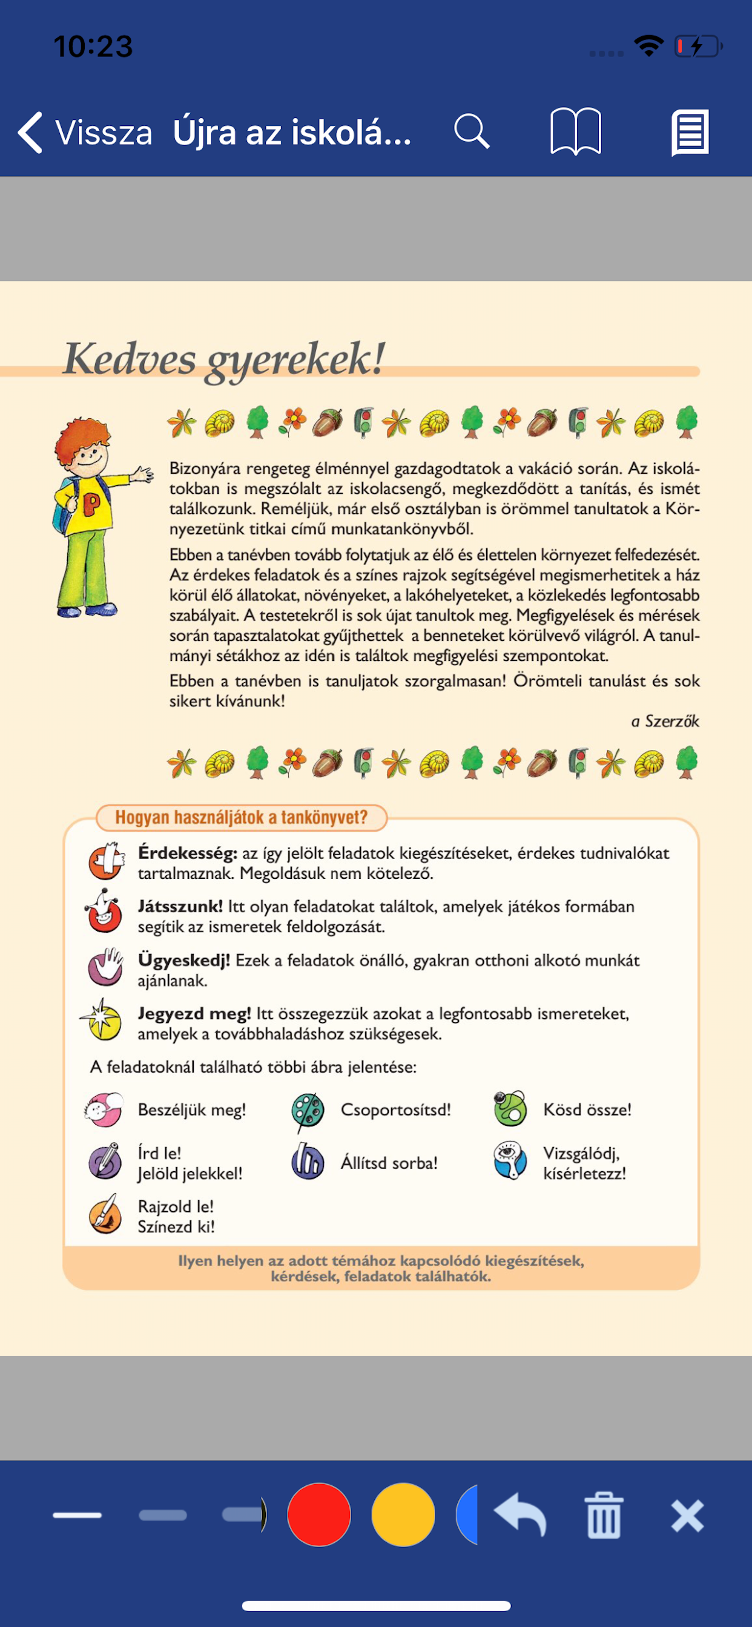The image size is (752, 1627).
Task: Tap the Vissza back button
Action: coord(85,133)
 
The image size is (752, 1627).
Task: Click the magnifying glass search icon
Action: coord(472,131)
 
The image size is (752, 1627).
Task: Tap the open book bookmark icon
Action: coord(575,131)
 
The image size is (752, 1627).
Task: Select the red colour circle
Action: coord(319,1514)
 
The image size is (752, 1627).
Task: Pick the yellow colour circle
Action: coord(403,1514)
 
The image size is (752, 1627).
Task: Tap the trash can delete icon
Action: coord(604,1514)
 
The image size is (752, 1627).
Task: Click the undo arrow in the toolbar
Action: coord(520,1514)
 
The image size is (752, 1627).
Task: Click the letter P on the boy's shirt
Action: coord(91,504)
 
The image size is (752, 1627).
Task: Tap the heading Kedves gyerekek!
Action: coord(225,359)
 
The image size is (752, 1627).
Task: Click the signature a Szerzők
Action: coord(665,721)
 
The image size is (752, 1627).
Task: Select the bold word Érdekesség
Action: coord(187,853)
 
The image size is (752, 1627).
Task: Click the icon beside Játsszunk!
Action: coord(104,912)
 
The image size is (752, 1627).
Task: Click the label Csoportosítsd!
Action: coord(395,1109)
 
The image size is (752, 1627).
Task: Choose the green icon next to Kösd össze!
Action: coord(510,1109)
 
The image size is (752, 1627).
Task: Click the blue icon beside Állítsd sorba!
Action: coord(308,1162)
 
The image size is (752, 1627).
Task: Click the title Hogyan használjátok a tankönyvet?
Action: coord(241,817)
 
